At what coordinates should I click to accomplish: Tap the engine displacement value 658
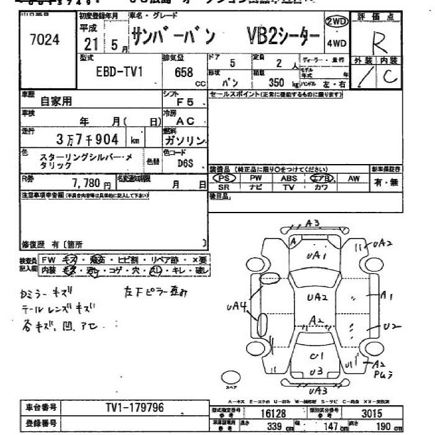point(184,73)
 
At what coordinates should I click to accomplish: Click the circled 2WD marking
point(336,22)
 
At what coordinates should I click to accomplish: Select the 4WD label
point(336,44)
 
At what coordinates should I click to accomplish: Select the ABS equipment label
point(288,178)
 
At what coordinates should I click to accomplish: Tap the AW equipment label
point(354,178)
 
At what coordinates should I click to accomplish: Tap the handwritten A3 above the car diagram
point(313,224)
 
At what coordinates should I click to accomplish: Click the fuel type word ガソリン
point(185,141)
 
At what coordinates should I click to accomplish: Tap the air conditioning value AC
point(185,121)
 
